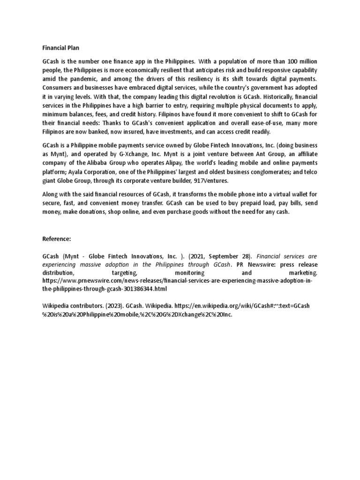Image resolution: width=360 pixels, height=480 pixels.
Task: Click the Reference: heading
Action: coord(57,239)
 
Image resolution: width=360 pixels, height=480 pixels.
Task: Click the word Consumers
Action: coord(58,88)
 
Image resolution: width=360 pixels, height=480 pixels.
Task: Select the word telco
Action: coord(310,172)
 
